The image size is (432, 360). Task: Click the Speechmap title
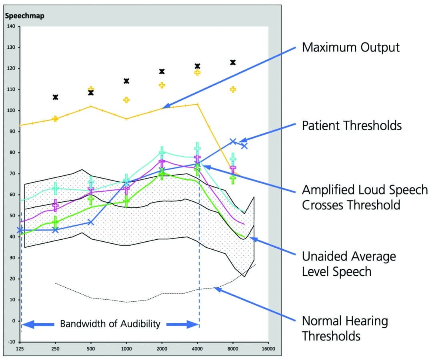24,16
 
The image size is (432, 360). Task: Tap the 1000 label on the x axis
126,348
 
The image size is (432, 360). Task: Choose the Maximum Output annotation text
350,48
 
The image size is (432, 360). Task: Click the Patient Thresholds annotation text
352,125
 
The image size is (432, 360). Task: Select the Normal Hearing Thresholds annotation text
345,328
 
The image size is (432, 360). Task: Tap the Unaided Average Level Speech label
349,264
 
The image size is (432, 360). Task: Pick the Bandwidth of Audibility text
110,324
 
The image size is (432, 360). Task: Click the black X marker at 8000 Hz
233,62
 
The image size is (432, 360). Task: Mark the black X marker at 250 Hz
56,97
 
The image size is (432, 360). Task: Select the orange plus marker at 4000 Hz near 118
197,72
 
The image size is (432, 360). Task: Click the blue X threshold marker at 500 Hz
91,222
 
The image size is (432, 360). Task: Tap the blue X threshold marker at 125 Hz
20,230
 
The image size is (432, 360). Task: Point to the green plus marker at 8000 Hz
233,179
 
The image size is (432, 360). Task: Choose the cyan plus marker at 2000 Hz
162,152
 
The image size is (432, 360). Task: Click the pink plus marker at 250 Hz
56,205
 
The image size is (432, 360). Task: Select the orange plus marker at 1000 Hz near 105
126,100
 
